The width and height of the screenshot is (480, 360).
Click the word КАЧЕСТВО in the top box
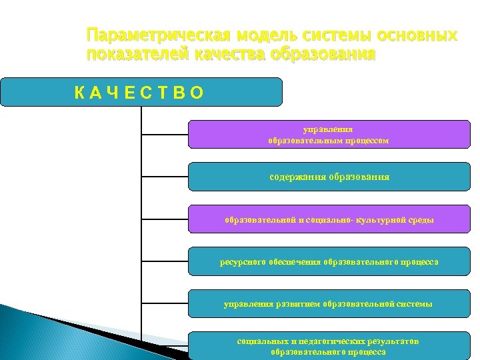tap(139, 93)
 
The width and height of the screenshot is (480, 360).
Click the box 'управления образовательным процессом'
tap(328, 134)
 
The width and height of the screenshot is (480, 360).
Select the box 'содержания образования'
tap(328, 177)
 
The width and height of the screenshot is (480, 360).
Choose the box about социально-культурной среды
tap(328, 219)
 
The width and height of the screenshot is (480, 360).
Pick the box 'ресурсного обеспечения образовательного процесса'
tap(328, 261)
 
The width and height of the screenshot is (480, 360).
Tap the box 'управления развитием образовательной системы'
tap(328, 303)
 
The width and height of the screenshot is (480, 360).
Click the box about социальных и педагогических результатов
tap(328, 345)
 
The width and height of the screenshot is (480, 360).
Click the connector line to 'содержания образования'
tap(165, 177)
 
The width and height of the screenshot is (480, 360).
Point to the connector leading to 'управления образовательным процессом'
tap(165, 134)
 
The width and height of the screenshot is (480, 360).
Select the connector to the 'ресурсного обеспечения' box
tap(165, 261)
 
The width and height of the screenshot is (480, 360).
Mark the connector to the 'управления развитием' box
tap(165, 303)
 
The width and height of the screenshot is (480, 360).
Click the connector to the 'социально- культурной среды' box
tap(165, 219)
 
